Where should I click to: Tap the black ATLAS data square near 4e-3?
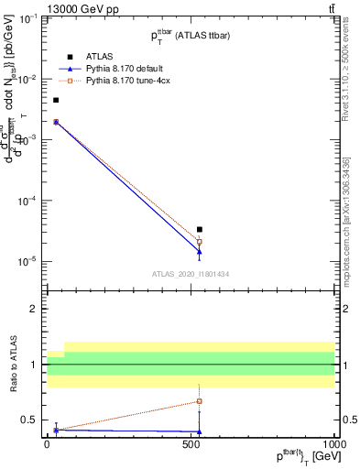pos(56,100)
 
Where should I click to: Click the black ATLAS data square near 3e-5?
pos(200,229)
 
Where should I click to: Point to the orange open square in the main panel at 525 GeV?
pos(200,242)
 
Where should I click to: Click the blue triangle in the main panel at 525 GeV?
pos(200,251)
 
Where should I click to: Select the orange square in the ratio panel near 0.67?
pos(200,401)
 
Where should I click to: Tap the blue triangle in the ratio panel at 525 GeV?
pos(200,431)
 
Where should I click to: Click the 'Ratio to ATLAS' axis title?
pos(13,365)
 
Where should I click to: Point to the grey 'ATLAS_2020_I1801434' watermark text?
pos(190,274)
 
